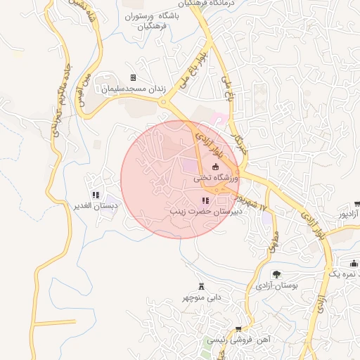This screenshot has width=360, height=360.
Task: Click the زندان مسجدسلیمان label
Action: pos(133,89)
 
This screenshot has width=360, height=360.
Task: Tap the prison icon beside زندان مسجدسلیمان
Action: pos(133,77)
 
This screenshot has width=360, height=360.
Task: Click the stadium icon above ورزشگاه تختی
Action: pos(215,167)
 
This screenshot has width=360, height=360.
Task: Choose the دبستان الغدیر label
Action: pos(96,206)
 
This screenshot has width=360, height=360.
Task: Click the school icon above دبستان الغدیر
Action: pos(96,195)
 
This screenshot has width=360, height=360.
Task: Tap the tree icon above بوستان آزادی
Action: pos(276,275)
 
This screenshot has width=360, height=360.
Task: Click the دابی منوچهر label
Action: pos(202,297)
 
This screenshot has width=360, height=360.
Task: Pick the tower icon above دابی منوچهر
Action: pos(202,285)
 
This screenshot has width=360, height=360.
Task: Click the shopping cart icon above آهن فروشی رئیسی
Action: pos(238,328)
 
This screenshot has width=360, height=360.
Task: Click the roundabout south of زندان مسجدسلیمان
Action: pos(165,103)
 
